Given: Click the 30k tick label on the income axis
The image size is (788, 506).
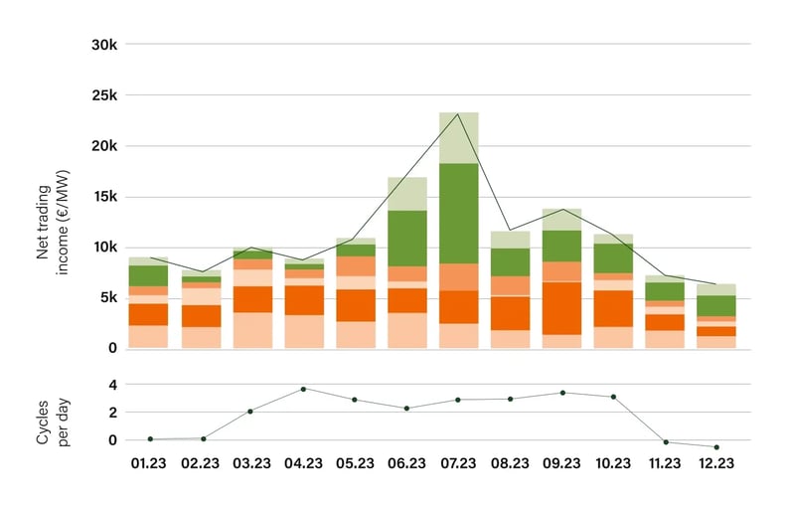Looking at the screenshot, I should coord(103,45).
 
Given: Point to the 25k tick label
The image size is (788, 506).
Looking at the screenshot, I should coord(103,95).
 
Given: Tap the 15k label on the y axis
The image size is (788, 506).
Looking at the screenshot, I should coord(103,197).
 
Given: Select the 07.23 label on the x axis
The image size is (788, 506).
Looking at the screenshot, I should coord(458,462).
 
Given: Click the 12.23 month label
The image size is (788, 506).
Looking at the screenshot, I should coord(716,462).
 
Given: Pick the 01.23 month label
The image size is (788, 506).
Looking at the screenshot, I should coord(148,462).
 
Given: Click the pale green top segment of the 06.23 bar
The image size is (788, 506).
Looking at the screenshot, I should coord(406,193).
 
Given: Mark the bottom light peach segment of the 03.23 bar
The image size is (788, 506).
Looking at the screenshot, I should coord(251,329).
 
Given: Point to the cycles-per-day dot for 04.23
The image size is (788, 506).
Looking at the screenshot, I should coord(303,389).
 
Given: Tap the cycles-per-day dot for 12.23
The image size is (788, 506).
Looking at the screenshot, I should coord(716,447).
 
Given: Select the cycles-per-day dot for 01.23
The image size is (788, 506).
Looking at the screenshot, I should coord(149,438).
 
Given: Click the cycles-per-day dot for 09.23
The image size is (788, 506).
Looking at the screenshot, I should coord(562,393).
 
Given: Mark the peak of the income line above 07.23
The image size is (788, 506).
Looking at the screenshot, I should coord(458,114).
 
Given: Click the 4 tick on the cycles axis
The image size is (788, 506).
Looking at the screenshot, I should coord(112,385).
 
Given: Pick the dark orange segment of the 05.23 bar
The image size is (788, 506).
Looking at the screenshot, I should coord(355,304).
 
